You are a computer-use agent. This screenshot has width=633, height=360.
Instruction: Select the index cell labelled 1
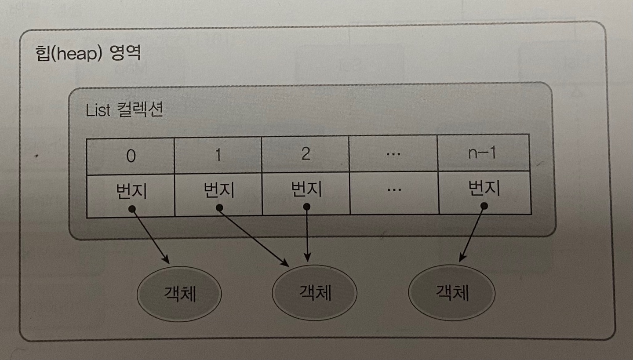coord(218,155)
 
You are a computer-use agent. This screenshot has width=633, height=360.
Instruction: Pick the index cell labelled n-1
coord(482,154)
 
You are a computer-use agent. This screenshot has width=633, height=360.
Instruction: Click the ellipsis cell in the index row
coord(393,154)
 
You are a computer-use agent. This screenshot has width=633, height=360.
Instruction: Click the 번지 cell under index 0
coord(131,194)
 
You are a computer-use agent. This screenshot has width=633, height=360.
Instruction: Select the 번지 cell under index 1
coord(218,193)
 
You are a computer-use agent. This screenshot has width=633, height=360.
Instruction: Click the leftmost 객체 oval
coord(179,293)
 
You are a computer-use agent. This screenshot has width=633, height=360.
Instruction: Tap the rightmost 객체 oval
coord(451,292)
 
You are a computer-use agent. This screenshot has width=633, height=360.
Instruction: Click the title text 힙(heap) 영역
coord(87,53)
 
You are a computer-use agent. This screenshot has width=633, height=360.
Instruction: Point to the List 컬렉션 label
coord(124,110)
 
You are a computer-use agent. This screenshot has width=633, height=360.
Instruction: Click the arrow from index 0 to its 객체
coord(150,236)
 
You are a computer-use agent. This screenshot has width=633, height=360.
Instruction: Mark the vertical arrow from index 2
coord(307,233)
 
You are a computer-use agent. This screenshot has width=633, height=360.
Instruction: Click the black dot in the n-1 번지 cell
coord(484,205)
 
